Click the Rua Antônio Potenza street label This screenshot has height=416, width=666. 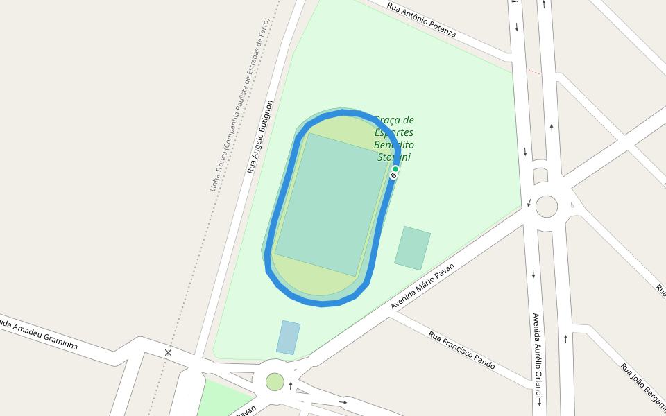click(421, 20)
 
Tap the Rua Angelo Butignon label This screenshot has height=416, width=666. click(260, 137)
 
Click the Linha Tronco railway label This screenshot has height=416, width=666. click(239, 104)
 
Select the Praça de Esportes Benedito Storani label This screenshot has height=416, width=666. click(393, 138)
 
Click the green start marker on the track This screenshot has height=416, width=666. click(395, 169)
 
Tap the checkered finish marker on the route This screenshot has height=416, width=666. click(393, 176)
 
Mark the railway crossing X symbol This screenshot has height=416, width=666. click(168, 353)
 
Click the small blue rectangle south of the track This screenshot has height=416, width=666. click(288, 338)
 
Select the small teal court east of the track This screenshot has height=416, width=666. click(412, 248)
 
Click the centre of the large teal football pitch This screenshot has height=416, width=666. click(332, 204)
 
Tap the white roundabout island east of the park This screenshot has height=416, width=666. click(547, 206)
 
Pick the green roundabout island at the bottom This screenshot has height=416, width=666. click(275, 381)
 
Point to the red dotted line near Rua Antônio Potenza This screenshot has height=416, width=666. click(533, 71)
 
